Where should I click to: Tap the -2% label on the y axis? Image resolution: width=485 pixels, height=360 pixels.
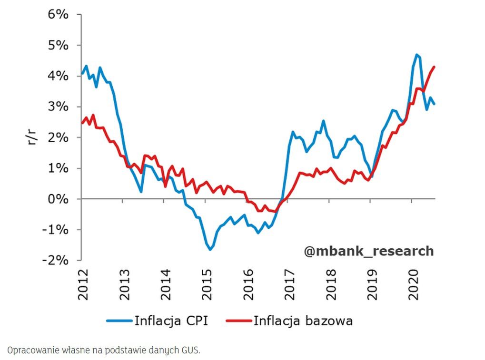coord(55,260)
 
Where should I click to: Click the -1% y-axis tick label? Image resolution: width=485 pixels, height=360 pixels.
coord(55,230)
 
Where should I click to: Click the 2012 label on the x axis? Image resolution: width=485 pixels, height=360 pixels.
coord(83,285)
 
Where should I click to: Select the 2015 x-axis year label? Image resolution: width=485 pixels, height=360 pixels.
coord(207,285)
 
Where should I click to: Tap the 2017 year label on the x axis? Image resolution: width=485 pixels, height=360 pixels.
coord(289,285)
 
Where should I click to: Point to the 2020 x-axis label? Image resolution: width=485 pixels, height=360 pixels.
coord(413,285)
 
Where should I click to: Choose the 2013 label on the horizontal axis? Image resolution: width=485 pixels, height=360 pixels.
coord(125,285)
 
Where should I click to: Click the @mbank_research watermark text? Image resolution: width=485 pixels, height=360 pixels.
coord(369,251)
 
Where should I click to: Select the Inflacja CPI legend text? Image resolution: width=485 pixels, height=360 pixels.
coord(171,321)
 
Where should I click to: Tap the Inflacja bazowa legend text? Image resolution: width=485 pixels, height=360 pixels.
coord(303,321)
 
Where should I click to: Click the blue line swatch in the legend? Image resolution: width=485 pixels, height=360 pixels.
coord(119,321)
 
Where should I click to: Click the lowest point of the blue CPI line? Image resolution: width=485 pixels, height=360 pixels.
coord(210,250)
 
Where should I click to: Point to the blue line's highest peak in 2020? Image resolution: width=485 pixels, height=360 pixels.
coord(416,54)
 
